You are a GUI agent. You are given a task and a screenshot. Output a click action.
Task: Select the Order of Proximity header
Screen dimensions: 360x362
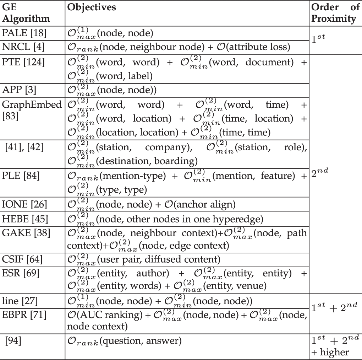[x=335, y=13]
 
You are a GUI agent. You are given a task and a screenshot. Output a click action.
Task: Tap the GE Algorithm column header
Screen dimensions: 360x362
[x=26, y=13]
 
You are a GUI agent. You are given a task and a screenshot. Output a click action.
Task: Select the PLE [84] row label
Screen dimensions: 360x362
[x=21, y=176]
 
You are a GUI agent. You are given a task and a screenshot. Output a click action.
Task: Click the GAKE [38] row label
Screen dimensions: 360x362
[x=25, y=232]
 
